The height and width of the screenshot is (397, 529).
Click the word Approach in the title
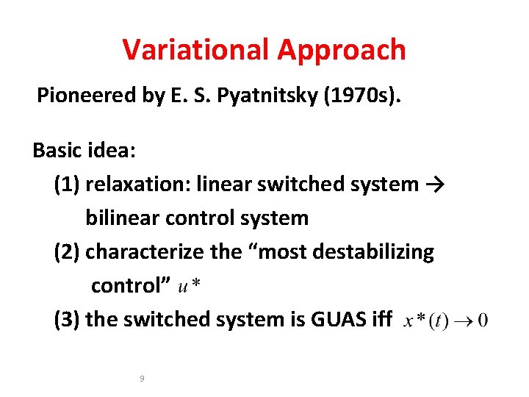pos(342,50)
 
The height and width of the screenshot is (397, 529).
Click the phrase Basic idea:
pos(84,151)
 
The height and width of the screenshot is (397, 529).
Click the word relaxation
pos(135,185)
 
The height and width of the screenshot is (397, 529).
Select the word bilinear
pos(115,218)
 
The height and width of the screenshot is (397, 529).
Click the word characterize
pos(145,252)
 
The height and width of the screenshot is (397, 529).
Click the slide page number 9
pos(142,379)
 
